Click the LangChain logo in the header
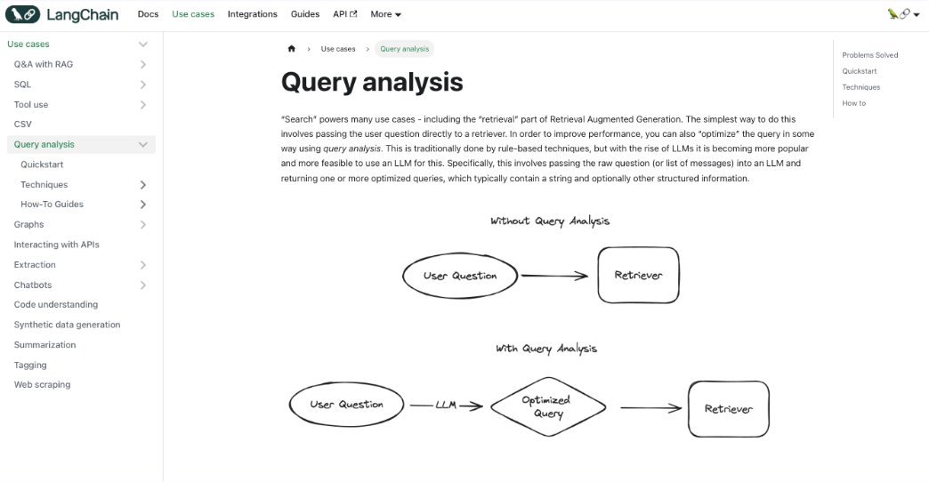(61, 14)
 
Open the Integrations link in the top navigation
(252, 14)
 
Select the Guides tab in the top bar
(305, 14)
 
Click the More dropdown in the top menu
(385, 14)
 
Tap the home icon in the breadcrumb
(291, 49)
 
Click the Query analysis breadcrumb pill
(404, 49)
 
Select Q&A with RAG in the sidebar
(44, 64)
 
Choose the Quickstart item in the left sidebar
(42, 165)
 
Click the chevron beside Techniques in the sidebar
(143, 185)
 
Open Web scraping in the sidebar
(42, 385)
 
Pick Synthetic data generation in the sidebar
(67, 325)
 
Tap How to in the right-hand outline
(853, 103)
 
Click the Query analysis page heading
(372, 83)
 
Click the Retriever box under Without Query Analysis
(638, 276)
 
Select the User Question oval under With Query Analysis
(346, 405)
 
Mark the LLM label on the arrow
(446, 406)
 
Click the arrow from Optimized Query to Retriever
(651, 408)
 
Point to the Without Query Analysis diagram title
(550, 221)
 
